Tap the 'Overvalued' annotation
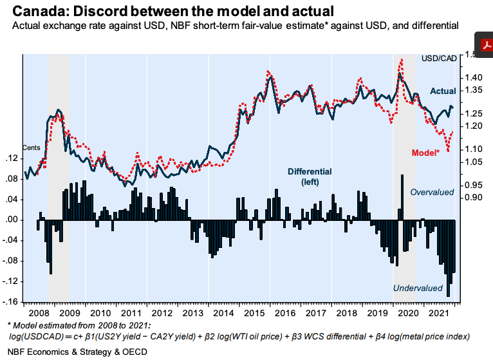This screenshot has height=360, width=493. pos(433,192)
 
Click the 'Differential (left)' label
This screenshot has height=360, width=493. pos(310,177)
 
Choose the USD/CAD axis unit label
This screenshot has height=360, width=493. pos(439,58)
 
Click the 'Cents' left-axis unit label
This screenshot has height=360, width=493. pos(32,147)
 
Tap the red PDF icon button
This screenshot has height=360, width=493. pos(484,44)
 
